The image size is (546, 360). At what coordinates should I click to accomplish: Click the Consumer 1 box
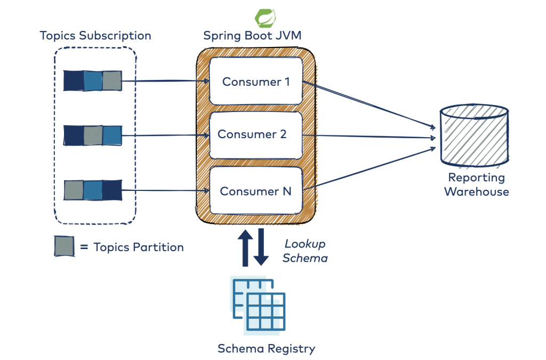(256, 82)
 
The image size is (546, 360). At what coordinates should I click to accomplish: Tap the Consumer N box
(256, 191)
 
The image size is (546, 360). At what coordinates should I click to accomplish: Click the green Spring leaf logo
(265, 18)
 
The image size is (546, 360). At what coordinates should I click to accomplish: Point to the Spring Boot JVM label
(252, 36)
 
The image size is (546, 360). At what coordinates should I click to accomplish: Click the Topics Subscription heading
(95, 36)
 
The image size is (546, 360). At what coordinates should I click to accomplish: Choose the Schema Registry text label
(266, 349)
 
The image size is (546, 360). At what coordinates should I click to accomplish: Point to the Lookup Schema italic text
(304, 251)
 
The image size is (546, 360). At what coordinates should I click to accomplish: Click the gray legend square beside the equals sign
(64, 247)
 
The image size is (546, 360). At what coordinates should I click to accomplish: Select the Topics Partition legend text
(138, 247)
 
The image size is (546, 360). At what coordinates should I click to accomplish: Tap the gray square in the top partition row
(112, 81)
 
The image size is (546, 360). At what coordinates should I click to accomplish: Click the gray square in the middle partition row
(93, 135)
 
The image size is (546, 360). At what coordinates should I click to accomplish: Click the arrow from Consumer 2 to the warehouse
(368, 137)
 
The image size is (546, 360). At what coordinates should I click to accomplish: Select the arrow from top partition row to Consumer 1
(165, 81)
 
